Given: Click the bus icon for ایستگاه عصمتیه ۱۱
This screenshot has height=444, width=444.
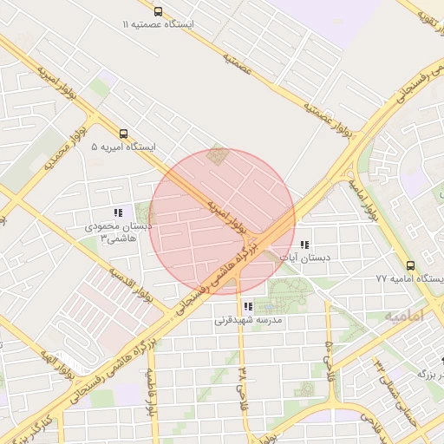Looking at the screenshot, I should (158, 11).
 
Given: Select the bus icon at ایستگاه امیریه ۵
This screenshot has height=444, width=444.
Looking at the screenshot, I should (124, 134).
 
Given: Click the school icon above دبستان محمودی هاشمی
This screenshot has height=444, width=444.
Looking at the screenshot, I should (117, 212).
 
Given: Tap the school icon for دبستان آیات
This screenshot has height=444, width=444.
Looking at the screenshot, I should (304, 245).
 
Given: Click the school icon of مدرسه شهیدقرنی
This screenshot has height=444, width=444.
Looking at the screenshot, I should (249, 306).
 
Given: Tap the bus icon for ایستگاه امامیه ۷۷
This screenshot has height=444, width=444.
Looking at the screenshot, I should (410, 265).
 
